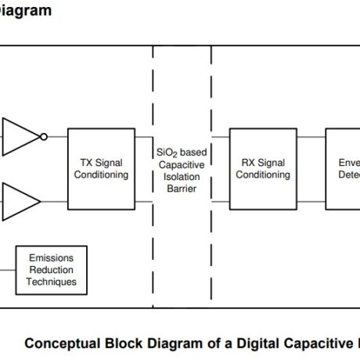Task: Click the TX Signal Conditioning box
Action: pos(101,168)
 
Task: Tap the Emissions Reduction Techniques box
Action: pos(52,270)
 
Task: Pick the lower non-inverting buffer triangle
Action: pos(21,200)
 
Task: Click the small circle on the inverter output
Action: pos(44,136)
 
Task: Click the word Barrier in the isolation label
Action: pos(182,189)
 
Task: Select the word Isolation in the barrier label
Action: pos(182,177)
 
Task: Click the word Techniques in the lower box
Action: pos(52,282)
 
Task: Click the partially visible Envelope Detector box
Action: pos(343,168)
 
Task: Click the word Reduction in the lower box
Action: pos(52,270)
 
